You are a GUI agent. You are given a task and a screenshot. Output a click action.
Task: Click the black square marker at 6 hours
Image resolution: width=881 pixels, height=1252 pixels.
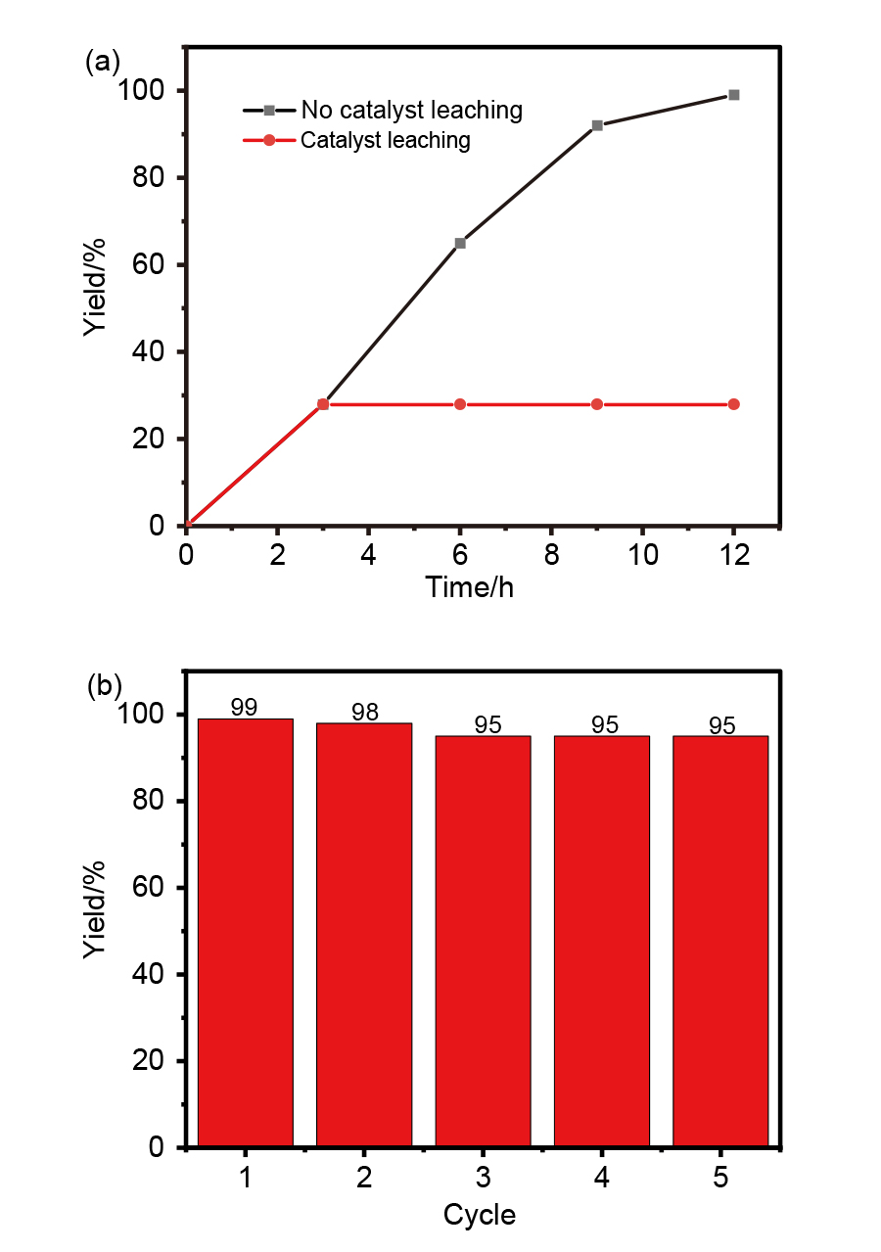pos(460,243)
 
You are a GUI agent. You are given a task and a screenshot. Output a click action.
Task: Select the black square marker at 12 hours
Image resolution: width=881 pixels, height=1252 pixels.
pos(734,95)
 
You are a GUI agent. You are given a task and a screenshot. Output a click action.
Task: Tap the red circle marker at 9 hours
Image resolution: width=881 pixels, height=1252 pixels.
pos(597,404)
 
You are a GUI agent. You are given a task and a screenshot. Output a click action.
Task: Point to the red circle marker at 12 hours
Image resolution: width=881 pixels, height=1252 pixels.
pos(734,404)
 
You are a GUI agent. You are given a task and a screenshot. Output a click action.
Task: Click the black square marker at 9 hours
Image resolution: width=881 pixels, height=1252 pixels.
pos(597,125)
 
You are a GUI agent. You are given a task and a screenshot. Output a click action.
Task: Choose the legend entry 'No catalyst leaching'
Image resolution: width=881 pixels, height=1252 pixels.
pos(411,110)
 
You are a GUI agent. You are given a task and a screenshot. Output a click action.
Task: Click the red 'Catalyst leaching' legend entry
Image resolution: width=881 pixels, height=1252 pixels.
pos(385,140)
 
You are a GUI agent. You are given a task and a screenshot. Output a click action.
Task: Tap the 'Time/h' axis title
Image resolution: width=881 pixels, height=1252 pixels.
pos(470,587)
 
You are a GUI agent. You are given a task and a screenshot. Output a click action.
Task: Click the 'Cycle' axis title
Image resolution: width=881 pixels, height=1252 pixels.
pos(479,1215)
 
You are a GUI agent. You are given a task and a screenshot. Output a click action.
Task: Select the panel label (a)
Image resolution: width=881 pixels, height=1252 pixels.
pos(103,62)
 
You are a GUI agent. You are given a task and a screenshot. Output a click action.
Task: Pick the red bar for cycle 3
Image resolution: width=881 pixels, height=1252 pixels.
pos(484,940)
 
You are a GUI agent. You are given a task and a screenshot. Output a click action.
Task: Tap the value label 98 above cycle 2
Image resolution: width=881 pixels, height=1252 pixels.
pos(364,713)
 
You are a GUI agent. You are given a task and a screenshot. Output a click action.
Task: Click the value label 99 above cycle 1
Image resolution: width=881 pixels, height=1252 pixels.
pos(245,707)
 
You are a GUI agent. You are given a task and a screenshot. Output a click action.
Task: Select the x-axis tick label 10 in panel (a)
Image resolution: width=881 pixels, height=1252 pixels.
pos(642,554)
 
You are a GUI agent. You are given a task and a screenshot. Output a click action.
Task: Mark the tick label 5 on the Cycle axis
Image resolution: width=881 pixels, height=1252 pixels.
pos(720,1178)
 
